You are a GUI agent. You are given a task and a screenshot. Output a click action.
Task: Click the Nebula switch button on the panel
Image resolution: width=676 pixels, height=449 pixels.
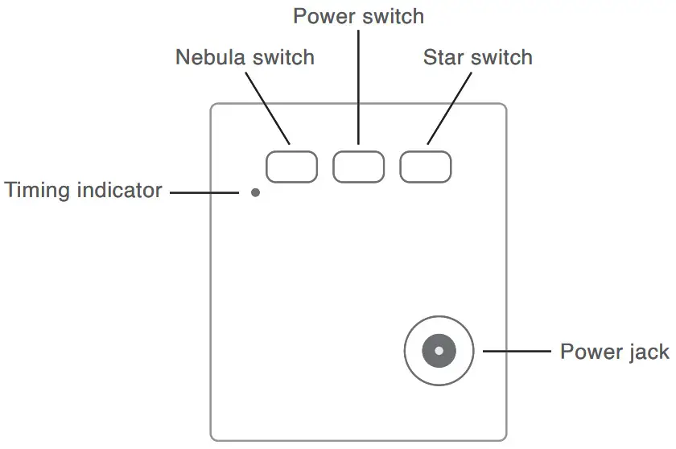point(291,166)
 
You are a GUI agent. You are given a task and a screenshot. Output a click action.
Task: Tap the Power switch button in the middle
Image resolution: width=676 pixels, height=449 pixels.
point(358,166)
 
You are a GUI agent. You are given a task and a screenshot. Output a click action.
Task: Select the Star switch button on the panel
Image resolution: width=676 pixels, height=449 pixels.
point(426,166)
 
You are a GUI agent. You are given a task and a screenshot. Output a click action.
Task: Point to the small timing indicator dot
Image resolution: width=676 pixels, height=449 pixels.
point(255,192)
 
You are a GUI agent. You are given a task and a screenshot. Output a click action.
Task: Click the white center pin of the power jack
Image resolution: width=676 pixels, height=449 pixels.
point(439,351)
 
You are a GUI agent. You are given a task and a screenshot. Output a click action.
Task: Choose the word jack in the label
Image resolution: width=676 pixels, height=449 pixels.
point(647,352)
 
